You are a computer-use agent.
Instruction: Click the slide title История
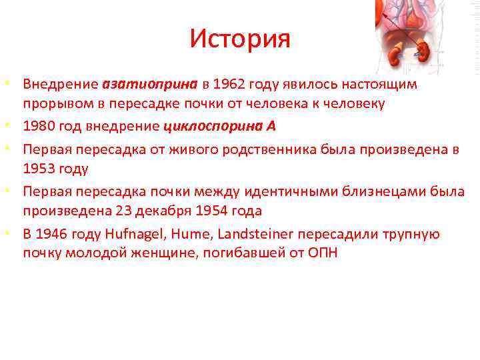coord(240,39)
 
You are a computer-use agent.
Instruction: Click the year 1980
coord(39,127)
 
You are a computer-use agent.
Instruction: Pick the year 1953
coord(39,169)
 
